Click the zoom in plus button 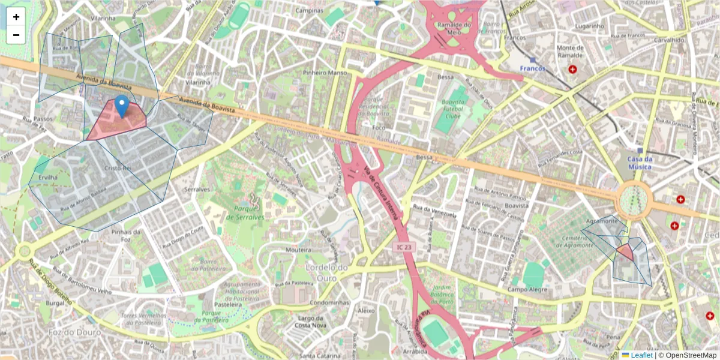[x=16, y=17]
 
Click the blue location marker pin [x=122, y=106]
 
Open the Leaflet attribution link [x=641, y=355]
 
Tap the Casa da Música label [x=640, y=163]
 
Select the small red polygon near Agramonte [x=625, y=252]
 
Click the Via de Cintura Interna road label [x=380, y=196]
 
